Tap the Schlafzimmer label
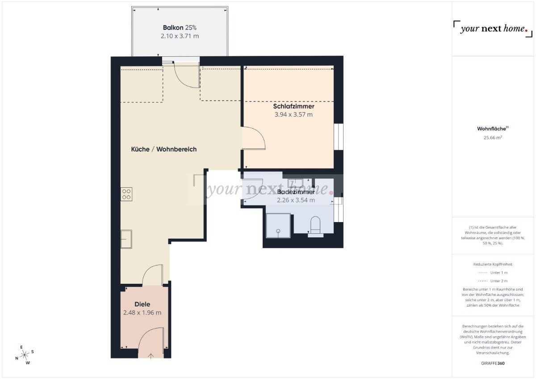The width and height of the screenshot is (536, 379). tap(293, 106)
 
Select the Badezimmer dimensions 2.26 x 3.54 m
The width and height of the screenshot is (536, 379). tap(296, 200)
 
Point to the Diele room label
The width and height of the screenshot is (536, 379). tap(142, 304)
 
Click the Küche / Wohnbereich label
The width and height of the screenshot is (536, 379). tap(164, 149)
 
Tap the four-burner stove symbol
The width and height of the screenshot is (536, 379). tap(126, 194)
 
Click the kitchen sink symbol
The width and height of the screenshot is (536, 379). tap(126, 239)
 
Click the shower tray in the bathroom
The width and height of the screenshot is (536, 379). tap(278, 226)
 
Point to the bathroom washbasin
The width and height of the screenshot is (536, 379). tap(296, 183)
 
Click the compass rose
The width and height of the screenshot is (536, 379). tap(25, 355)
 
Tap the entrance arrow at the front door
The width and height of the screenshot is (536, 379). tap(151, 356)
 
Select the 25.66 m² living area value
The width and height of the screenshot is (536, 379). tap(493, 138)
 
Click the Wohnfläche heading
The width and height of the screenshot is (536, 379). tap(493, 129)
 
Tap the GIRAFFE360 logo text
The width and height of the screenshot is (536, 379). tap(493, 363)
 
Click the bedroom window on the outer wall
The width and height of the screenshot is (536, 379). tap(339, 137)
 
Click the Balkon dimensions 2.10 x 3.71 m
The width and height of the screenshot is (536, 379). tap(180, 36)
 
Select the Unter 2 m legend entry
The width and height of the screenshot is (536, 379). tap(493, 281)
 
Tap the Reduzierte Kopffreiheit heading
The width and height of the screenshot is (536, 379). tap(493, 264)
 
